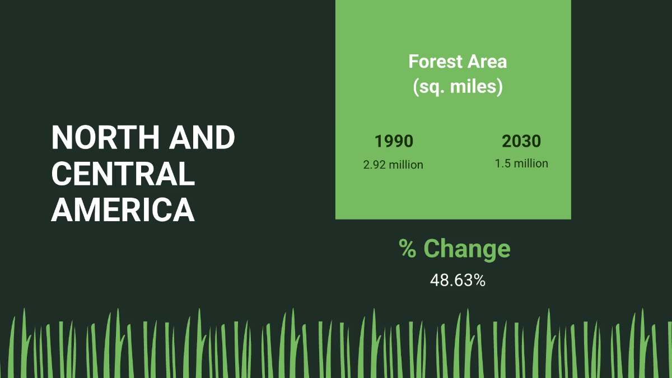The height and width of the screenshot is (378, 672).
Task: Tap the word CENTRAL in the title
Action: pos(123,174)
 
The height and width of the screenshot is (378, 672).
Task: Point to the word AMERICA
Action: pos(123,209)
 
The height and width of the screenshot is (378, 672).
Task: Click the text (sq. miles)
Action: pos(458,87)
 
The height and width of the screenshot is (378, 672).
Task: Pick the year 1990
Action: pos(394,141)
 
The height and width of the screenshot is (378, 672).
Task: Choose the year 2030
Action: pos(521,141)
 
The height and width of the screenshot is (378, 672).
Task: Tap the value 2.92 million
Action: pos(393,165)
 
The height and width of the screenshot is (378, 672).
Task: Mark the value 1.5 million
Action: pos(521,164)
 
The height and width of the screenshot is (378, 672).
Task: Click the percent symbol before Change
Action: pos(408,249)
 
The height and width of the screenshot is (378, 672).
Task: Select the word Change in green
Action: pos(467,249)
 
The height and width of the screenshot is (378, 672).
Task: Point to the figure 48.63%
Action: pos(458,281)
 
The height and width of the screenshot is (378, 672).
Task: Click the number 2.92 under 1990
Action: pos(375,165)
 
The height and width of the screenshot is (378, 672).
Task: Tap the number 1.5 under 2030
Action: pos(502,164)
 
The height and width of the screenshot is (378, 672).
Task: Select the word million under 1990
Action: pos(406,165)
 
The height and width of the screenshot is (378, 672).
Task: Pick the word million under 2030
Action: pos(530,164)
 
